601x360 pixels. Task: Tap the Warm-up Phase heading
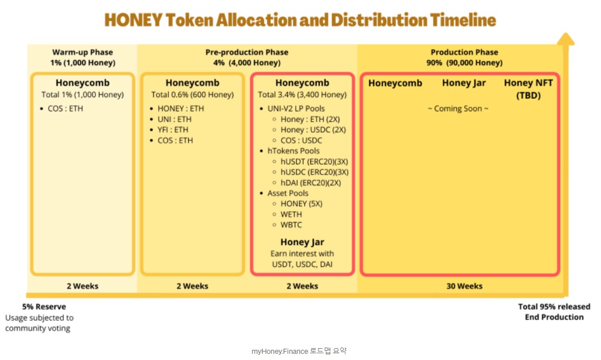83,52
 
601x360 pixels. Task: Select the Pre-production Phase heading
247,52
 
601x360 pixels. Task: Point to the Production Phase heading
464,52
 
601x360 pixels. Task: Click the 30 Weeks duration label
464,286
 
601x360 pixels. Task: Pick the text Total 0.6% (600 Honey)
192,94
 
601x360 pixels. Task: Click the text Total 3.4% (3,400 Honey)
302,94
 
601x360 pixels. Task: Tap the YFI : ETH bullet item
173,130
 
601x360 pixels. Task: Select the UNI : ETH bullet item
174,119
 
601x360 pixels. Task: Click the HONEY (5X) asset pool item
301,204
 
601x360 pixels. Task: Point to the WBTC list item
291,225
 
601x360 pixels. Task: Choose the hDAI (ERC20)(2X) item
310,183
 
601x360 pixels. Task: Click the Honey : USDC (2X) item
313,130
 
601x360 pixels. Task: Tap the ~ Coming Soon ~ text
458,109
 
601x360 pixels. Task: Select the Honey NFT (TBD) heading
528,89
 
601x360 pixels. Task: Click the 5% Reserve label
44,307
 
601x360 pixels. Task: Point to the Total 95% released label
554,307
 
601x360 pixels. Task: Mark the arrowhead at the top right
565,39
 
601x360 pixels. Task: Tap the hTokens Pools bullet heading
293,151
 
